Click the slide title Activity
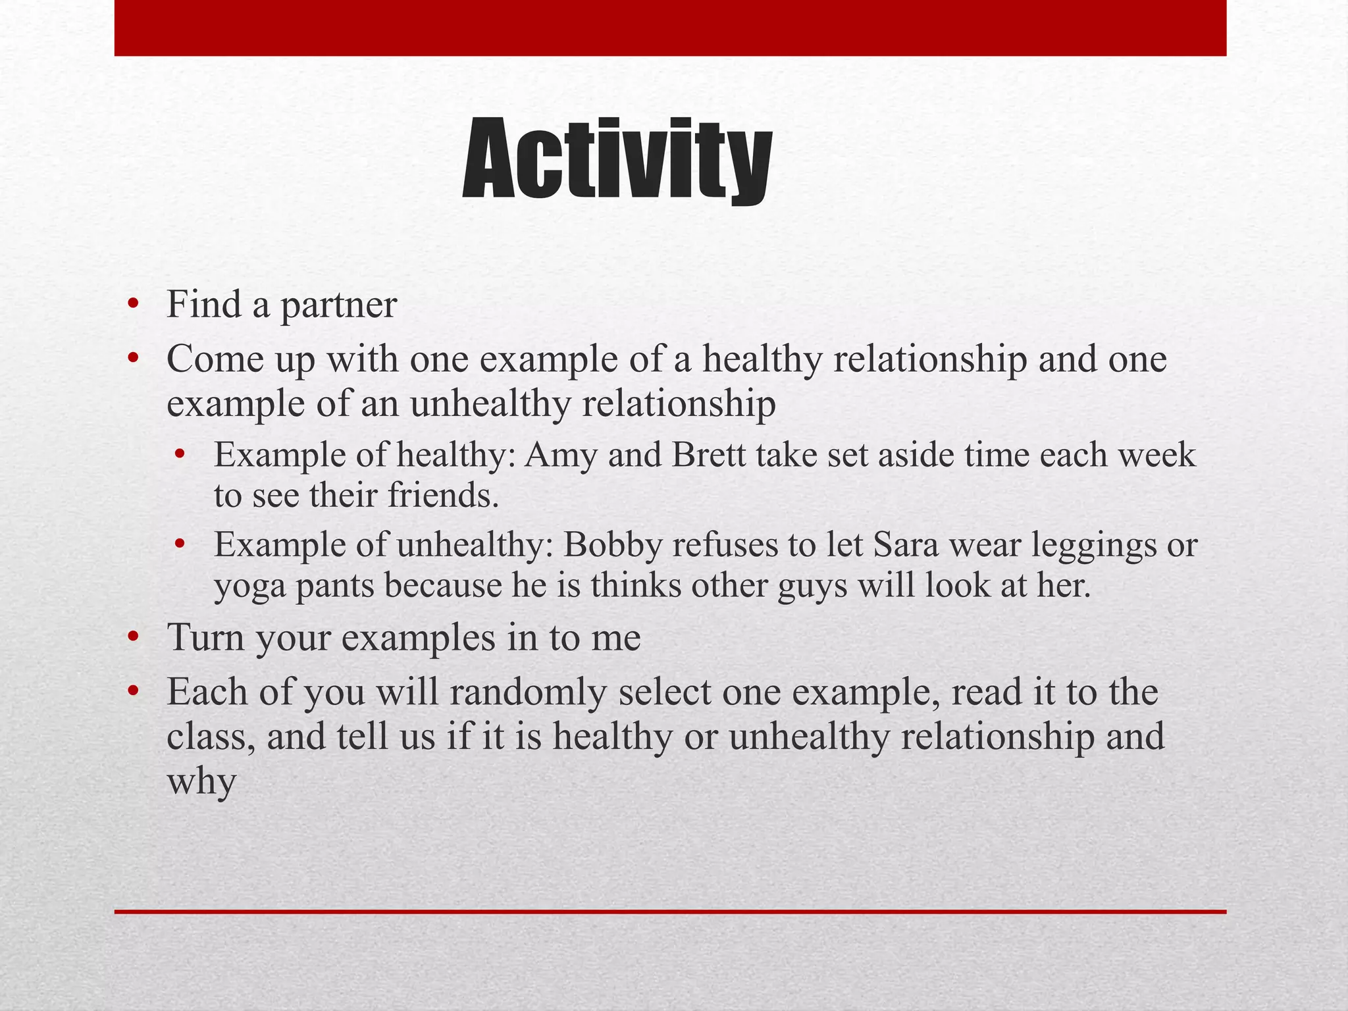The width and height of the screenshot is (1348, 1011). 617,160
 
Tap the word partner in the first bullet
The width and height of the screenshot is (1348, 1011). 339,305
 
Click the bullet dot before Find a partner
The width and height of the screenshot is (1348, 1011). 134,304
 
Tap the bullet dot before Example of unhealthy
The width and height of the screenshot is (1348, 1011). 180,545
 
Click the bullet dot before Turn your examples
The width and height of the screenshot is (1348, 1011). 134,637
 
